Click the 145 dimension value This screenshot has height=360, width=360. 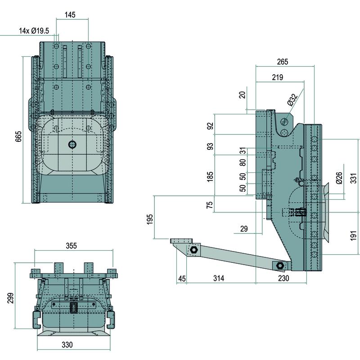click(70, 15)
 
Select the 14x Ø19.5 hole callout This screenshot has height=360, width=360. click(34, 31)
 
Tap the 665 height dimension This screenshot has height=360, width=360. click(18, 136)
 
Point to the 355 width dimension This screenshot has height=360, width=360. click(72, 246)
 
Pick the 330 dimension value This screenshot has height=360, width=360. click(67, 345)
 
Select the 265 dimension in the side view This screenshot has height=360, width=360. click(283, 62)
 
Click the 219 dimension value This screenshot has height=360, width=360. click(278, 77)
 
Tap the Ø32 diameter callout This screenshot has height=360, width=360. click(292, 99)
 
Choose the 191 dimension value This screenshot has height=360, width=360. click(354, 235)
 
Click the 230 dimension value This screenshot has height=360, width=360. click(283, 279)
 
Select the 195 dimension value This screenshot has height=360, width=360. click(150, 219)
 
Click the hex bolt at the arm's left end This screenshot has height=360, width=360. click(194, 250)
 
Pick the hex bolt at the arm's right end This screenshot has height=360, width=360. click(280, 266)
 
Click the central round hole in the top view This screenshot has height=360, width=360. click(72, 144)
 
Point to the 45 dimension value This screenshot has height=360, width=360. click(182, 279)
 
